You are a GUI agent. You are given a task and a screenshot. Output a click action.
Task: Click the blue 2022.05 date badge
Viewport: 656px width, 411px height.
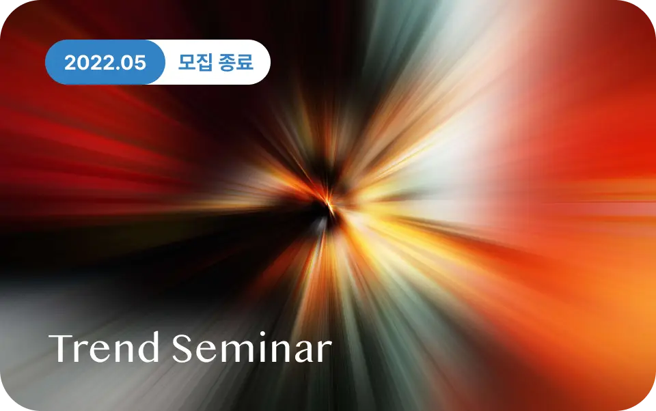(105, 62)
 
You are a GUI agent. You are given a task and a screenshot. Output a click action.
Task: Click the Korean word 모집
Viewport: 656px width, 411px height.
(195, 62)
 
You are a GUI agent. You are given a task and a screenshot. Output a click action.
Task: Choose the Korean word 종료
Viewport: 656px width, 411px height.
(236, 62)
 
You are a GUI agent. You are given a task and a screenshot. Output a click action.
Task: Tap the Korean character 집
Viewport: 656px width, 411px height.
(204, 62)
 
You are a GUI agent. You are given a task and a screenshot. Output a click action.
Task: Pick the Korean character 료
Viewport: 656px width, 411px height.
(245, 62)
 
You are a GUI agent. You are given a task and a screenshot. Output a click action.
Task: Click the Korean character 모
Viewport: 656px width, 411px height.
(187, 62)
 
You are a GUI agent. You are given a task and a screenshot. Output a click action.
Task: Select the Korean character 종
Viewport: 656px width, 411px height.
(227, 62)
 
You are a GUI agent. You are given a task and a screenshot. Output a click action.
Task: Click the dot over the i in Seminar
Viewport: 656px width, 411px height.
(262, 335)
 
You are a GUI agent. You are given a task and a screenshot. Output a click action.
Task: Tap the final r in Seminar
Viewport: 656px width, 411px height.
(325, 352)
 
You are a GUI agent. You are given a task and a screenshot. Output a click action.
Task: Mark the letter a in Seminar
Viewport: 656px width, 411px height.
(305, 352)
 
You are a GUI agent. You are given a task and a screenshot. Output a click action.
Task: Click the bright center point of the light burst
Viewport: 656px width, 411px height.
(329, 204)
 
